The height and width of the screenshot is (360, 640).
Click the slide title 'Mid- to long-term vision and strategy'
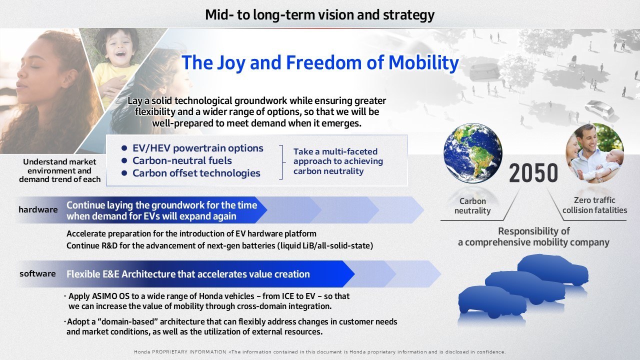click(x=319, y=15)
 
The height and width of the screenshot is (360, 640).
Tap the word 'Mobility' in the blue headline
click(x=423, y=63)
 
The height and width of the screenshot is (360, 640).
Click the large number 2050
click(x=533, y=173)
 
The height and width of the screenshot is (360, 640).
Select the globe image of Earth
click(x=473, y=153)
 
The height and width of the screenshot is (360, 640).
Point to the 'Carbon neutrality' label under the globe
click(x=472, y=205)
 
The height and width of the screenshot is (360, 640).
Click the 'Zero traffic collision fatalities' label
click(x=594, y=205)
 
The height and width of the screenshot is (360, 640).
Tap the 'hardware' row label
click(x=38, y=209)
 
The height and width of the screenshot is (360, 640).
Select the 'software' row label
click(x=37, y=273)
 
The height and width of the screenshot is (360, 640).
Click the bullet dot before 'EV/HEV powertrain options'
click(x=124, y=148)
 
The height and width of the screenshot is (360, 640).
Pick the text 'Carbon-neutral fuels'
click(x=182, y=160)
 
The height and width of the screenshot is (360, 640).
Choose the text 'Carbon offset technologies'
click(x=196, y=173)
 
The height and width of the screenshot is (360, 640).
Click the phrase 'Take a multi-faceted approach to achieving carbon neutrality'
click(x=338, y=161)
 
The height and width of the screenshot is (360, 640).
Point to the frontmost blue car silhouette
click(x=492, y=301)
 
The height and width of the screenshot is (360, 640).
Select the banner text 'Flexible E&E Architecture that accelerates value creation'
click(x=188, y=274)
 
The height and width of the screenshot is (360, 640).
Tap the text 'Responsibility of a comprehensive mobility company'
click(x=533, y=237)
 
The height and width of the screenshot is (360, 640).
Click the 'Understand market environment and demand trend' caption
click(x=59, y=170)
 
